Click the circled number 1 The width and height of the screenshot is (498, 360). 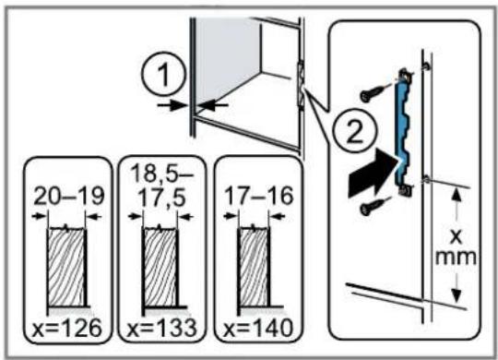163,75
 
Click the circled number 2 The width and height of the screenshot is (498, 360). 355,132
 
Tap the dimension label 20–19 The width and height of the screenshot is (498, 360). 68,197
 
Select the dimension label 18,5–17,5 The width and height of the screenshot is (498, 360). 162,186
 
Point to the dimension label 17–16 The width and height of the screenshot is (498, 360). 258,196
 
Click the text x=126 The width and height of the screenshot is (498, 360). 67,329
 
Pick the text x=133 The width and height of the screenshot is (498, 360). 162,329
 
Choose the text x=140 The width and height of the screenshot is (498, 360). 258,329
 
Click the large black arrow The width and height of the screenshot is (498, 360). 373,174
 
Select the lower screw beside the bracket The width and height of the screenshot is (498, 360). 374,207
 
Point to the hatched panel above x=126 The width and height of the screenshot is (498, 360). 66,267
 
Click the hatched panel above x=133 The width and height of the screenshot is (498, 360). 160,267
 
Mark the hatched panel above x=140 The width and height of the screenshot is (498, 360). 254,267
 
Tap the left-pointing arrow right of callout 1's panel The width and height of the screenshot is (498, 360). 212,105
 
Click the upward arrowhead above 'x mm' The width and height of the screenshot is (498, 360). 456,195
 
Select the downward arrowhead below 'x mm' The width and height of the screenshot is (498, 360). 456,294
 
